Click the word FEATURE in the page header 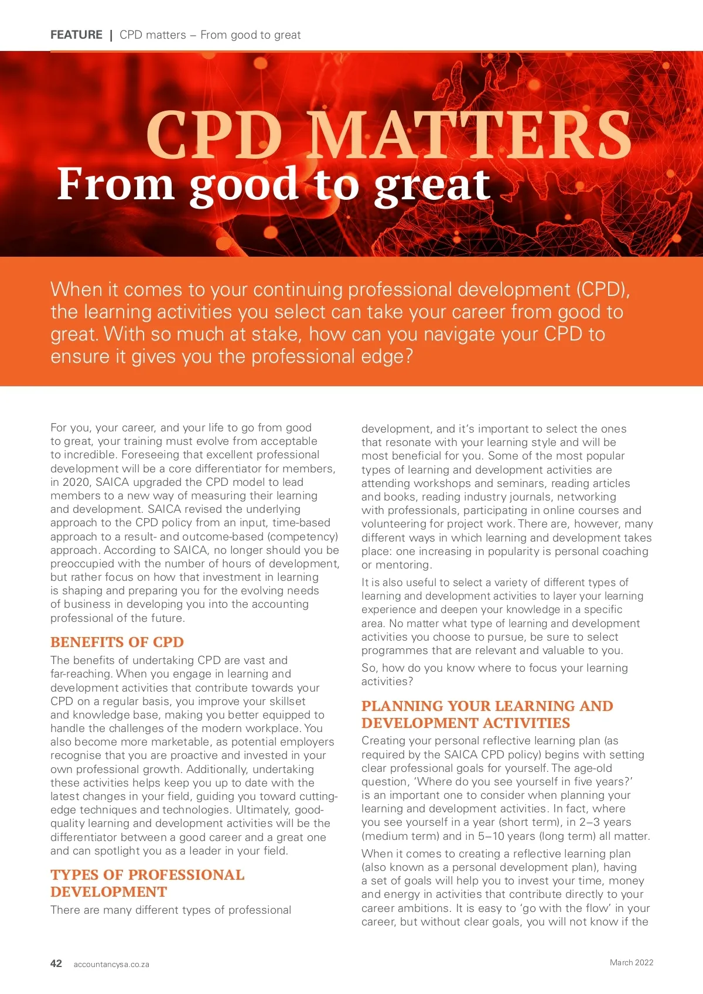pos(76,35)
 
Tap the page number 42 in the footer pos(56,964)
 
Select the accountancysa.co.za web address pos(111,965)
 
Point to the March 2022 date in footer pos(631,962)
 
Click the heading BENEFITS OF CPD pos(117,642)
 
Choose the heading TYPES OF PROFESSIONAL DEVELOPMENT pos(147,883)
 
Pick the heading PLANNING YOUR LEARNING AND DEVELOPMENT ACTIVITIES pos(487,714)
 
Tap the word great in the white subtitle pos(432,185)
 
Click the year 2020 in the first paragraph pos(77,482)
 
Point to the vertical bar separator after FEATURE pos(111,35)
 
